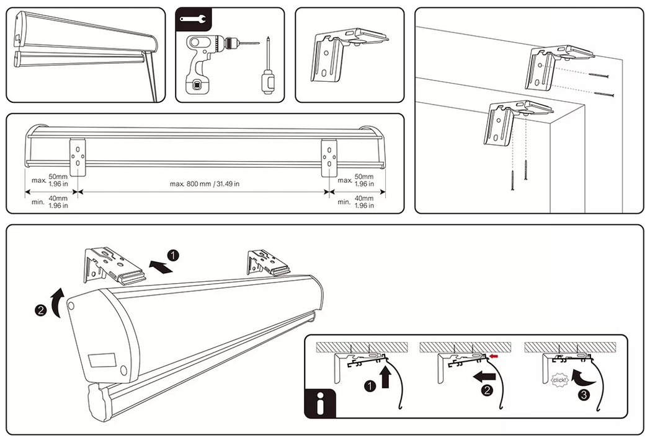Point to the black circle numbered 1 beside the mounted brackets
click(174, 255)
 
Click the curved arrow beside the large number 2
click(57, 302)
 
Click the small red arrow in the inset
click(494, 356)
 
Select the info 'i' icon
click(319, 403)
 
